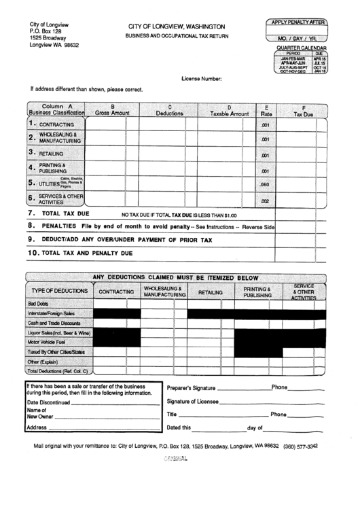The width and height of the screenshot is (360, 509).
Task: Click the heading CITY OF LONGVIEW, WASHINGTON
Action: point(177,26)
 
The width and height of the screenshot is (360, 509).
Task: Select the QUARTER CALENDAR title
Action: point(297,48)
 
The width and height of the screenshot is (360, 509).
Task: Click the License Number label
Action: point(202,79)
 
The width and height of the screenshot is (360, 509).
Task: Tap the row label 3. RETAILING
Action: point(46,154)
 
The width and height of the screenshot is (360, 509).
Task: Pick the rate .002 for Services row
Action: point(266,200)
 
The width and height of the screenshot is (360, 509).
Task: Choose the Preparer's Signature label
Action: point(190,387)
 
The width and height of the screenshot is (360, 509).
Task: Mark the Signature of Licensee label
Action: point(193,401)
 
